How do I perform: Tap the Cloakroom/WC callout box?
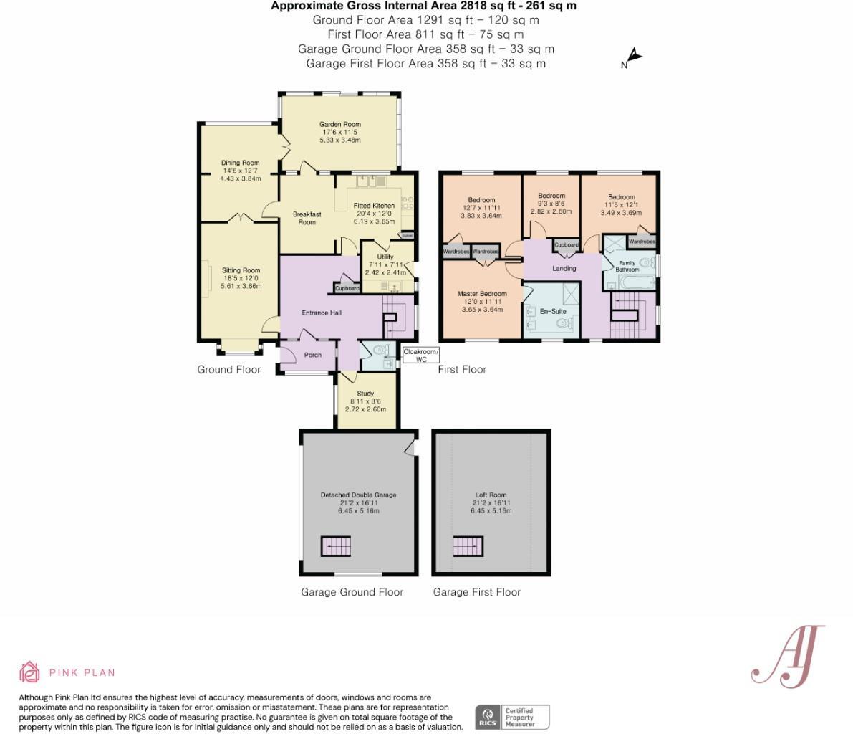pyautogui.click(x=420, y=356)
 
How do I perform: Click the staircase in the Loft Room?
pyautogui.click(x=468, y=547)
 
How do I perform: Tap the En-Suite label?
pyautogui.click(x=553, y=312)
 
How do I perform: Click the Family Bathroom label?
pyautogui.click(x=627, y=266)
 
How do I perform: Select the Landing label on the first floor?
pyautogui.click(x=564, y=268)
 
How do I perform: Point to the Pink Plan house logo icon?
pyautogui.click(x=29, y=672)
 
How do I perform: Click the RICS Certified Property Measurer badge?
pyautogui.click(x=513, y=717)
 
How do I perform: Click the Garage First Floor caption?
pyautogui.click(x=476, y=592)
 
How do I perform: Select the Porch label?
pyautogui.click(x=313, y=355)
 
